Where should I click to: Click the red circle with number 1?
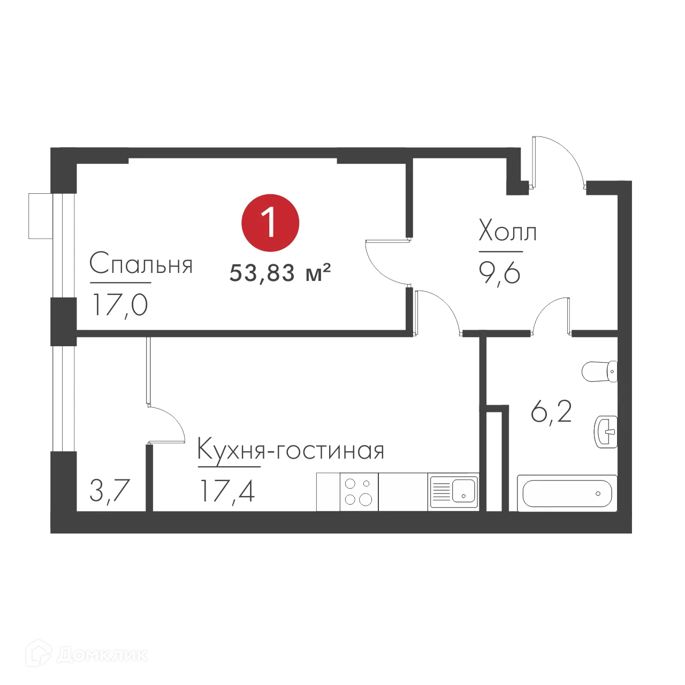tap(270, 223)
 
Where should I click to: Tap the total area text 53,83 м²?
tap(280, 273)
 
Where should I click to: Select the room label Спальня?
tap(141, 264)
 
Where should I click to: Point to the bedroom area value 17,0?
tap(120, 305)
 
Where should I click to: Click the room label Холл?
tap(507, 231)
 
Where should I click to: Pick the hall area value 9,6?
tap(499, 273)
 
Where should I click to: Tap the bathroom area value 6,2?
tap(551, 412)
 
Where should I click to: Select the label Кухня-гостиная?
tap(291, 450)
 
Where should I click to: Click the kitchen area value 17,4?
tap(227, 491)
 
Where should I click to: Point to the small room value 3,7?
tap(110, 490)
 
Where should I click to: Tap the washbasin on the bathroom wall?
tap(606, 431)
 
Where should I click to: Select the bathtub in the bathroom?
tap(567, 493)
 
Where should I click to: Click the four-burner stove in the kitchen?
tap(359, 492)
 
